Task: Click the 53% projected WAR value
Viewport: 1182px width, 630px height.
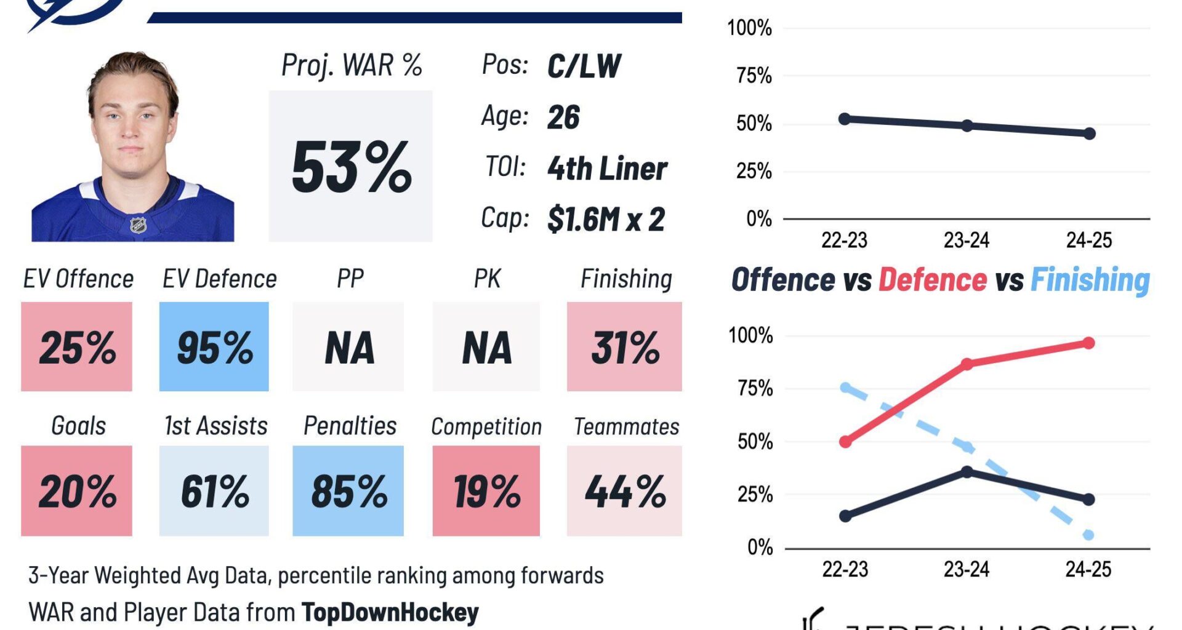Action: coord(351,167)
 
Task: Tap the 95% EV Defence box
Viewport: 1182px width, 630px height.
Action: coord(214,347)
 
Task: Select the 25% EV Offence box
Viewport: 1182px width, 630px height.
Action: coord(77,347)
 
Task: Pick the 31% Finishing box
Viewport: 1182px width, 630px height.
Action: coord(624,347)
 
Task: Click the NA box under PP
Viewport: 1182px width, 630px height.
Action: coord(348,347)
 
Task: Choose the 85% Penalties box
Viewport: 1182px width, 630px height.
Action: coord(348,491)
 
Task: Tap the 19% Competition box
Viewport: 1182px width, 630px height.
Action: coord(486,491)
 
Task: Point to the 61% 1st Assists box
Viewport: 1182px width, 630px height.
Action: coord(214,491)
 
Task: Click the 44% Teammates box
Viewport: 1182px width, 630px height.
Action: coord(624,491)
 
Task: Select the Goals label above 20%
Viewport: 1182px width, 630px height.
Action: coord(78,426)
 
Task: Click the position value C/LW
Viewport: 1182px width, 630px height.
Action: coord(584,66)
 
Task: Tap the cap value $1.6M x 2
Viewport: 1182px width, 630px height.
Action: coord(606,219)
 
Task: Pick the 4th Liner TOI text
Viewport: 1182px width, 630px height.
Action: coord(607,168)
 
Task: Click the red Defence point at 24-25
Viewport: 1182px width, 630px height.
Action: coord(1088,343)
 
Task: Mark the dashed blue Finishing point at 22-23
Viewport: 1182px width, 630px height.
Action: coord(845,388)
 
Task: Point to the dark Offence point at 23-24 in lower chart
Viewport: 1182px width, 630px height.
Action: coord(967,472)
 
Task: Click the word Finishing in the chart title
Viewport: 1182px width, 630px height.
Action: coord(1090,280)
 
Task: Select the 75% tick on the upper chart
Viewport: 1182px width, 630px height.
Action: coord(754,76)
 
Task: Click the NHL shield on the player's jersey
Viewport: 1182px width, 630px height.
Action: coord(139,225)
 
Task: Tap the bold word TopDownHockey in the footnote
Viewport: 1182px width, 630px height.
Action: coord(390,612)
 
